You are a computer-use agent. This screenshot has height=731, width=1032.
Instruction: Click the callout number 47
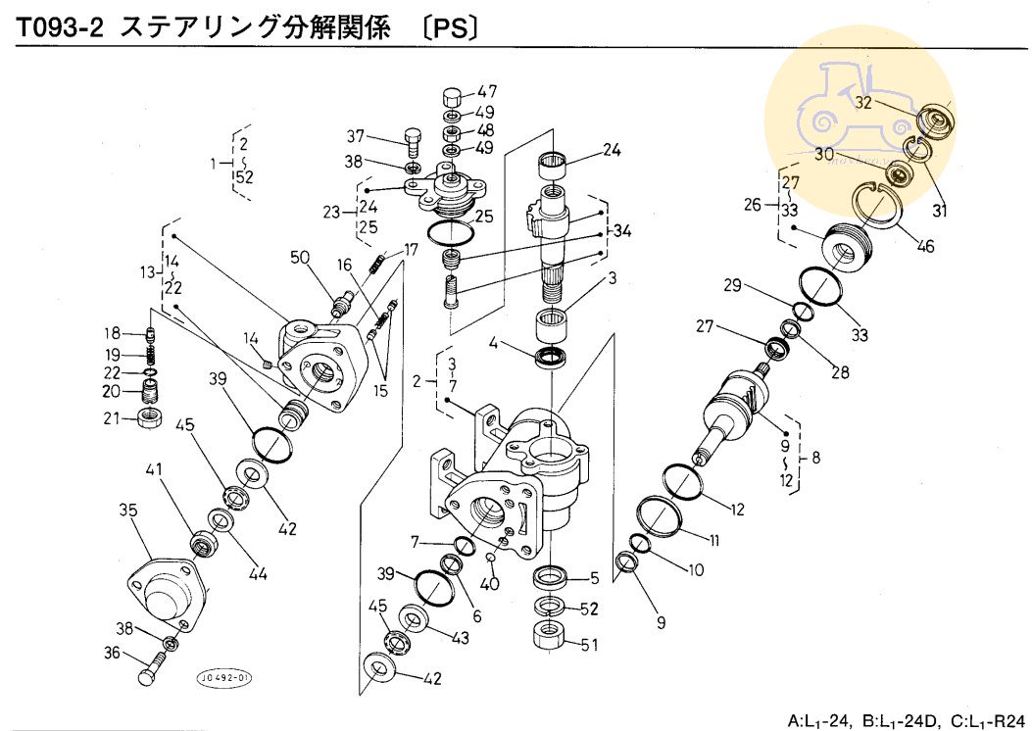click(486, 93)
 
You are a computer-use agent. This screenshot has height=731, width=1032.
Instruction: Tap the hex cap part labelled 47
click(452, 98)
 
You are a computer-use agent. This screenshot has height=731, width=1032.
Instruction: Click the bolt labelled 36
click(151, 674)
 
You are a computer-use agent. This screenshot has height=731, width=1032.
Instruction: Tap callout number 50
click(300, 257)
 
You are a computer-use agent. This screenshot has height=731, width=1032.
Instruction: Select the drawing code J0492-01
click(224, 677)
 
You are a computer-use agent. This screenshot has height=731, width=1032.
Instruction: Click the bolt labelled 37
click(415, 144)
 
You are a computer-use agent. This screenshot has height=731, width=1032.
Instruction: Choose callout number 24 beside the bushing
click(613, 150)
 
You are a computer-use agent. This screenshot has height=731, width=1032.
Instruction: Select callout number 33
click(860, 335)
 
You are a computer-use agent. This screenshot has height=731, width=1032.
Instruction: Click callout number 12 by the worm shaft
click(737, 509)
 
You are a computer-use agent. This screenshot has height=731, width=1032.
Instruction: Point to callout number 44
click(258, 574)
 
